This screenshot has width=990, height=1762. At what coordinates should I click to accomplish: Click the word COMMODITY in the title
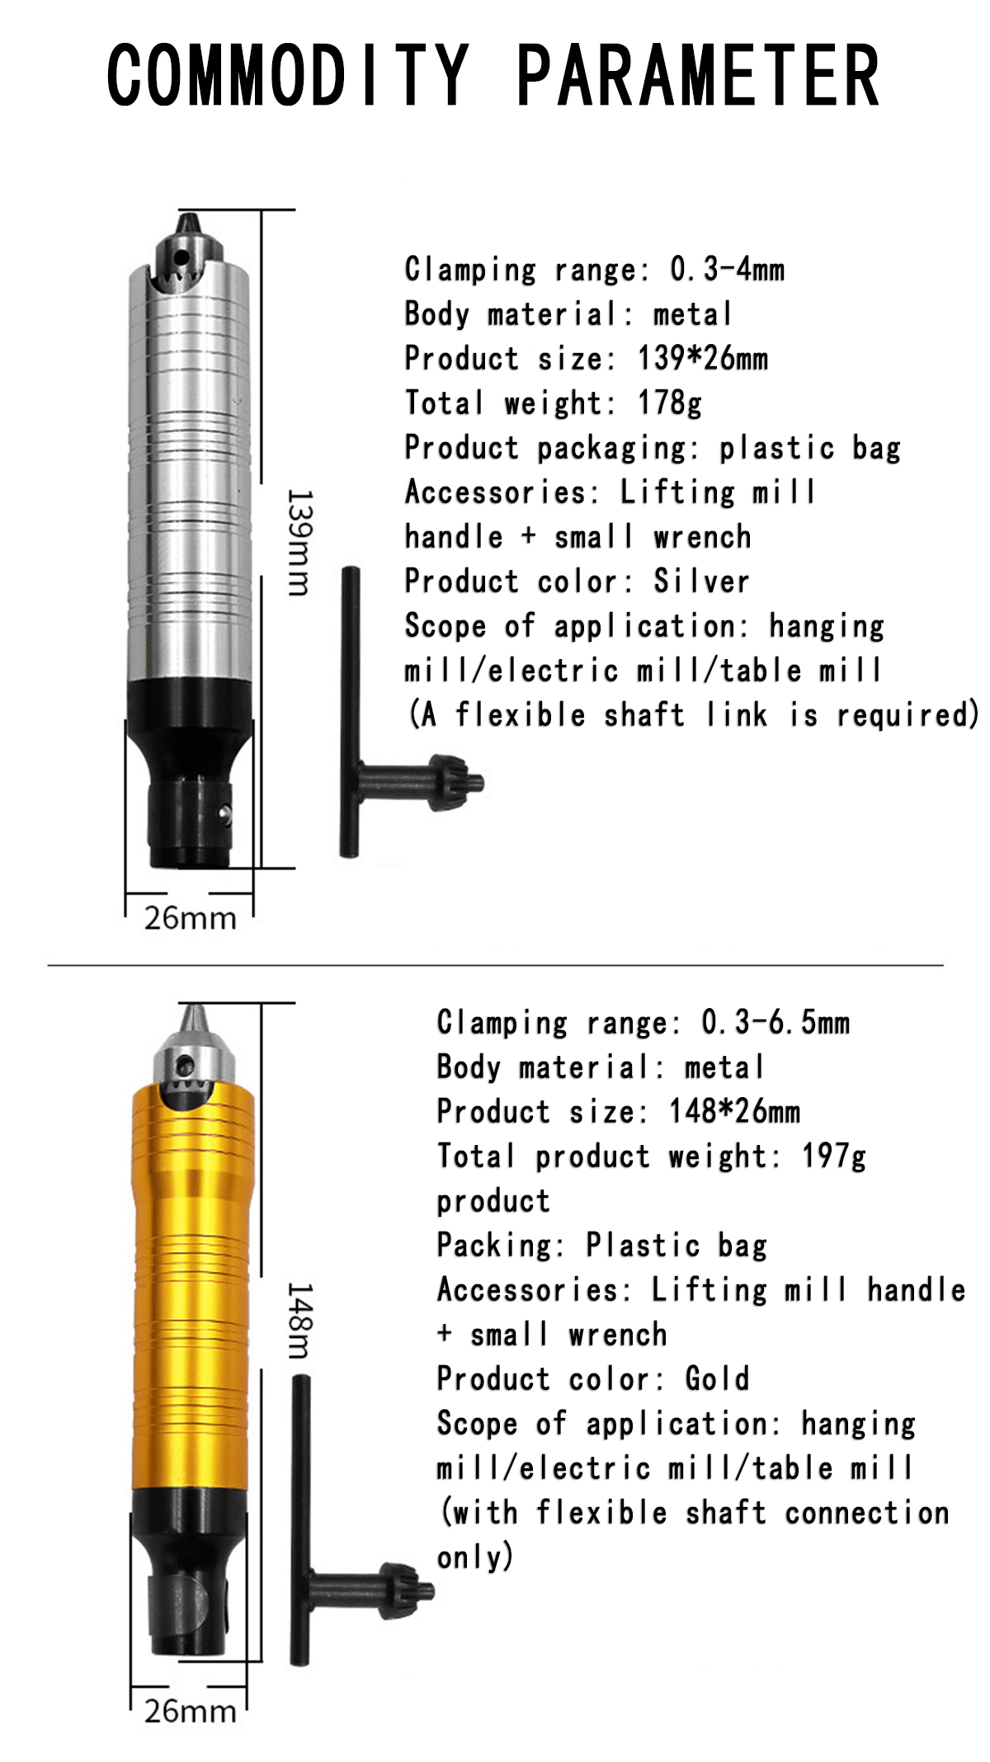(x=288, y=75)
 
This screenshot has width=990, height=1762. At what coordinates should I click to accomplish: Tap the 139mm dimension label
(x=298, y=542)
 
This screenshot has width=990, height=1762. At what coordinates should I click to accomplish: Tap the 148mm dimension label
(x=298, y=1320)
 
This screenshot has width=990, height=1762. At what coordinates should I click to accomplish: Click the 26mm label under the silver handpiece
(x=190, y=918)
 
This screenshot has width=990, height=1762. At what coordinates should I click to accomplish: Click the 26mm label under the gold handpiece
(x=190, y=1712)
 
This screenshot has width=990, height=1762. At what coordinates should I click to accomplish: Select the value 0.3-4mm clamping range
(x=727, y=270)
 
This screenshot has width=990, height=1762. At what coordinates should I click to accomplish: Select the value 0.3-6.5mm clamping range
(x=775, y=1023)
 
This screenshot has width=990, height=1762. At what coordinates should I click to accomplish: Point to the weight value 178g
(x=669, y=403)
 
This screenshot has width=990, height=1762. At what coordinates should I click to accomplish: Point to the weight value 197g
(x=833, y=1157)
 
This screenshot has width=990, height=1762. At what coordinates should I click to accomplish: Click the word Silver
(x=701, y=582)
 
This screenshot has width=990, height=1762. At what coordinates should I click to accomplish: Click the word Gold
(x=717, y=1379)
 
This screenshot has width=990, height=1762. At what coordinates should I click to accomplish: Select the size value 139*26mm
(x=702, y=359)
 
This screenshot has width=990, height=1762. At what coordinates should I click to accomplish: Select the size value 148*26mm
(x=733, y=1112)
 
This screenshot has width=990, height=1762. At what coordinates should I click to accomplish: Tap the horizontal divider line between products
(x=495, y=964)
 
